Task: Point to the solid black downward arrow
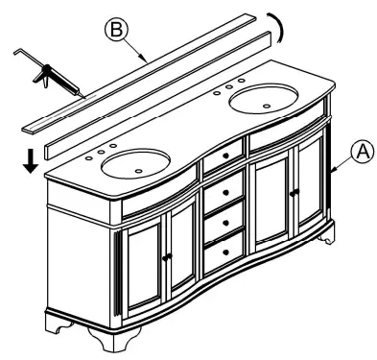(x=32, y=162)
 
